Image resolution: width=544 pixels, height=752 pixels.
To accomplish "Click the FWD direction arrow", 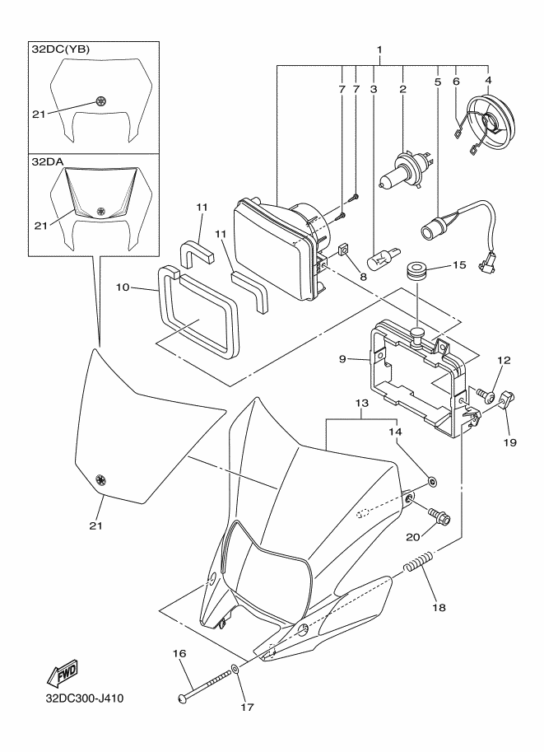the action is pyautogui.click(x=62, y=674).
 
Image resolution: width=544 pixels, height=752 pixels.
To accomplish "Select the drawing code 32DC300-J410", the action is pyautogui.click(x=84, y=698).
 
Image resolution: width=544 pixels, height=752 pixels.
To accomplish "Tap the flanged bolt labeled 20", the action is pyautogui.click(x=439, y=516).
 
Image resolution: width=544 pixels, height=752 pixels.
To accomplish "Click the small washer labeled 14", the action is pyautogui.click(x=432, y=481).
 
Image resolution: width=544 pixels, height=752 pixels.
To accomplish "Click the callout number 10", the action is pyautogui.click(x=123, y=287).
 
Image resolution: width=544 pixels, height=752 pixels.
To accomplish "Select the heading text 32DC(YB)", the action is pyautogui.click(x=61, y=49).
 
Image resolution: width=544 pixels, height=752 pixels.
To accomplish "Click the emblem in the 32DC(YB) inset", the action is pyautogui.click(x=100, y=100).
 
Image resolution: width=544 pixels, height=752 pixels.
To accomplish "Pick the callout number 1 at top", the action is pyautogui.click(x=379, y=49).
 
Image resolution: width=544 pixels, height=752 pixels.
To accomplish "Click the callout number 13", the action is pyautogui.click(x=362, y=404).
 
